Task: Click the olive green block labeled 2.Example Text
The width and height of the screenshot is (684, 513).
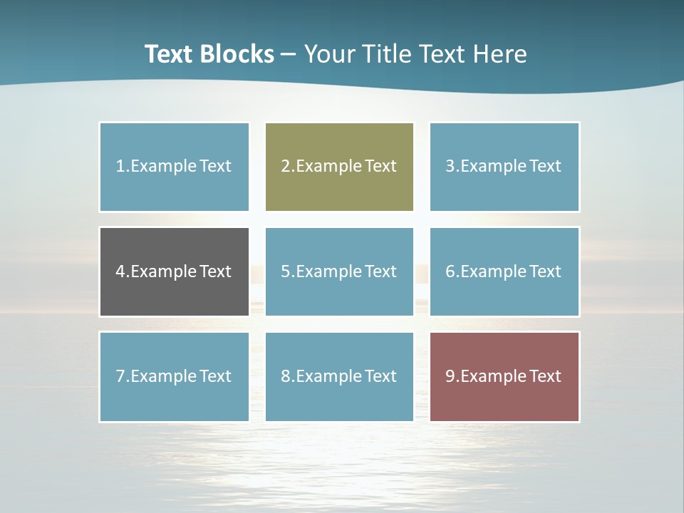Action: [339, 167]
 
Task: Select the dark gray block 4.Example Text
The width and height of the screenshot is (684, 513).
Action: [174, 271]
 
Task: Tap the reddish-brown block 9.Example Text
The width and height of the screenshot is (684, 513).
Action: [504, 376]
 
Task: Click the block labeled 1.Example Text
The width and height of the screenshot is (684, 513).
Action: [174, 167]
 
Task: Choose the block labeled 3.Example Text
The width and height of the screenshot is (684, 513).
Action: [504, 167]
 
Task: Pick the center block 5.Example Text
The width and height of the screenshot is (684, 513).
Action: [339, 271]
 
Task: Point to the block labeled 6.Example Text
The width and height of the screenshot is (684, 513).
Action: [504, 271]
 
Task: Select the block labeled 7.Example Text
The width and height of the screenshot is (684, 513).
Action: [174, 376]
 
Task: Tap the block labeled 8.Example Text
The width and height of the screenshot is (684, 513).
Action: [339, 376]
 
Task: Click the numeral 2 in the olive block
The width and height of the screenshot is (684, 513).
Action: [285, 167]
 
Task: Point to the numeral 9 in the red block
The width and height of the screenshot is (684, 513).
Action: [450, 376]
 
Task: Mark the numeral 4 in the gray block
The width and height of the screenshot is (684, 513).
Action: [120, 271]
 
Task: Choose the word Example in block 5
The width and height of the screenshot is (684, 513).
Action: [328, 271]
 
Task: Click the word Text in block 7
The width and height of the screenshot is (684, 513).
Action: [216, 376]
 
